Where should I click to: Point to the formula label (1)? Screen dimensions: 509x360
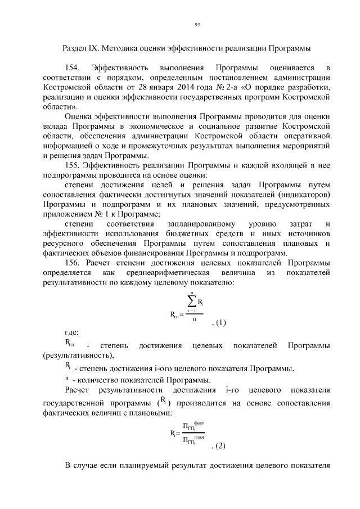[219, 323]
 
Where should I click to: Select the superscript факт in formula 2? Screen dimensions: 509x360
[199, 423]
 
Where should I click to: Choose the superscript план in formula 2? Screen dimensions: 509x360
[199, 436]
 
